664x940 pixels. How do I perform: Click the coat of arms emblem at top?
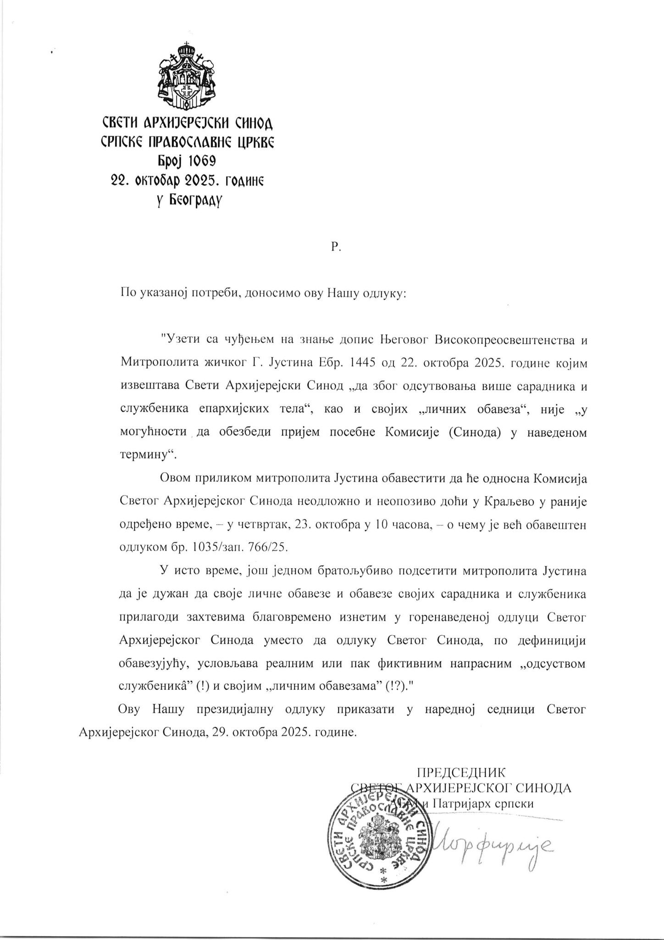(186, 76)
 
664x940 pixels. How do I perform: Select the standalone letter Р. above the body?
(334, 246)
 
